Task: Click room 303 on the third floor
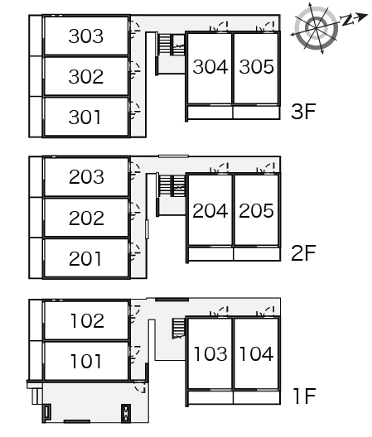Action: pos(86,36)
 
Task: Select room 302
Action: pos(86,76)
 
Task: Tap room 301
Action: pos(86,117)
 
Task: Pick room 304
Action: pos(210,68)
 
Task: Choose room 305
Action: pos(256,68)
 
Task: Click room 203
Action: pos(86,176)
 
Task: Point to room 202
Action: pos(86,218)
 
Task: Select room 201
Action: pos(86,258)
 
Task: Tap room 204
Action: pos(210,210)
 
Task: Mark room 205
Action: pos(257,210)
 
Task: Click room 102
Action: pos(86,320)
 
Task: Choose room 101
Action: pos(86,361)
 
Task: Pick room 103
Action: pos(210,354)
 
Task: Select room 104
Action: pos(257,354)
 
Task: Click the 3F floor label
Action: pos(303,111)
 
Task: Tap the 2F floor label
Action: pos(303,252)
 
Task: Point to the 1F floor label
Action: pos(304,396)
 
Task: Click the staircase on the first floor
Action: pos(179,329)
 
